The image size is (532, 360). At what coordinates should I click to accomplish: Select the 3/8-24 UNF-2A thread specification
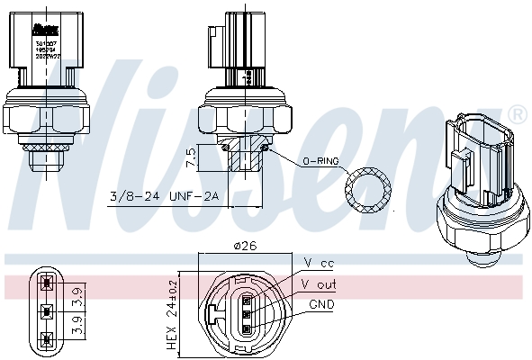coord(163,196)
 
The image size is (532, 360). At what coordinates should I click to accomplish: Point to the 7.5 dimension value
coord(190,158)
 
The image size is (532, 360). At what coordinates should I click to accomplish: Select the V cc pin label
coord(319,263)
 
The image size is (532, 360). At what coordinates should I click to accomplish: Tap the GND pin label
coord(321,304)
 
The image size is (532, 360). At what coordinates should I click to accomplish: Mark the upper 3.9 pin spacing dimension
coord(77,293)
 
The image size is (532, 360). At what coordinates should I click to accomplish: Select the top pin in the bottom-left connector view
coord(46,287)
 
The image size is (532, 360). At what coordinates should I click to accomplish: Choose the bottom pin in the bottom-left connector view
coord(46,338)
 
